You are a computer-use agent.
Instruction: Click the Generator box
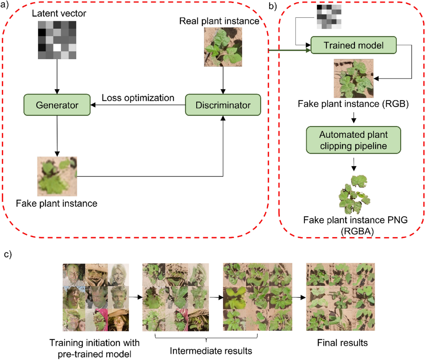[57, 105]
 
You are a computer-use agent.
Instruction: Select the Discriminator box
[223, 105]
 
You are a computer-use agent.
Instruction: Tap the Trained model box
[353, 45]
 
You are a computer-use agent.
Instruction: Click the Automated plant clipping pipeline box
[353, 140]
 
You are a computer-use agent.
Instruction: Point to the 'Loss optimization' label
[138, 98]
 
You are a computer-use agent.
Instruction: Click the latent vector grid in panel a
[57, 40]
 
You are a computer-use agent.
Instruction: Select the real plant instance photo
[223, 47]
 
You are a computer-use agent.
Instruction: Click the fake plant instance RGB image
[353, 79]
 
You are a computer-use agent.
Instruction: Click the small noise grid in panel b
[329, 17]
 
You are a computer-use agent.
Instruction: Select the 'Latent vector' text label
[59, 13]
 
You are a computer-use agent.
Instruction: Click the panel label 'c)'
[7, 254]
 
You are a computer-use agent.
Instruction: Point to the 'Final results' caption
[342, 343]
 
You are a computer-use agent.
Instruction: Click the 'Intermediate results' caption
[211, 351]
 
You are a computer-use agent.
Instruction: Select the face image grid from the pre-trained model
[96, 297]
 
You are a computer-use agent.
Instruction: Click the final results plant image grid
[340, 297]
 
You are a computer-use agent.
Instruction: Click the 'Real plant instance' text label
[219, 21]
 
